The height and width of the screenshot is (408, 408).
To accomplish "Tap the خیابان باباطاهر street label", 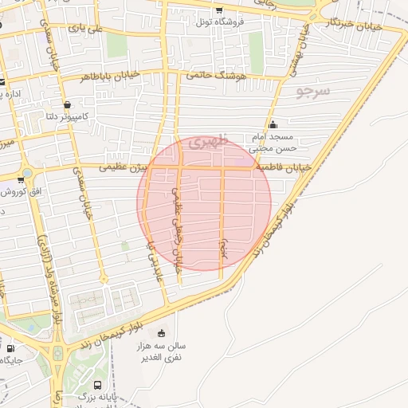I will (x=110, y=75).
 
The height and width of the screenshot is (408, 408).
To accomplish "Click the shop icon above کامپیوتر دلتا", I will (x=67, y=104).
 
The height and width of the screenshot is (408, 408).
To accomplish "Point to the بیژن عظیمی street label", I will (x=124, y=168).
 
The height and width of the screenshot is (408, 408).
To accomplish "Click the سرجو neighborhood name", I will (x=312, y=91).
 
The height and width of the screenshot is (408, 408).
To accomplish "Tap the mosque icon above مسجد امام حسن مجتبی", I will (x=273, y=124).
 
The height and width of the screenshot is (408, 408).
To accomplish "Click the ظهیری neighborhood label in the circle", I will (x=211, y=141).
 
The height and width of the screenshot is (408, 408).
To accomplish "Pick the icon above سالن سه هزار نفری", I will (x=163, y=333).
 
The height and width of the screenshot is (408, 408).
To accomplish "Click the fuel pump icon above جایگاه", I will (x=10, y=348).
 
